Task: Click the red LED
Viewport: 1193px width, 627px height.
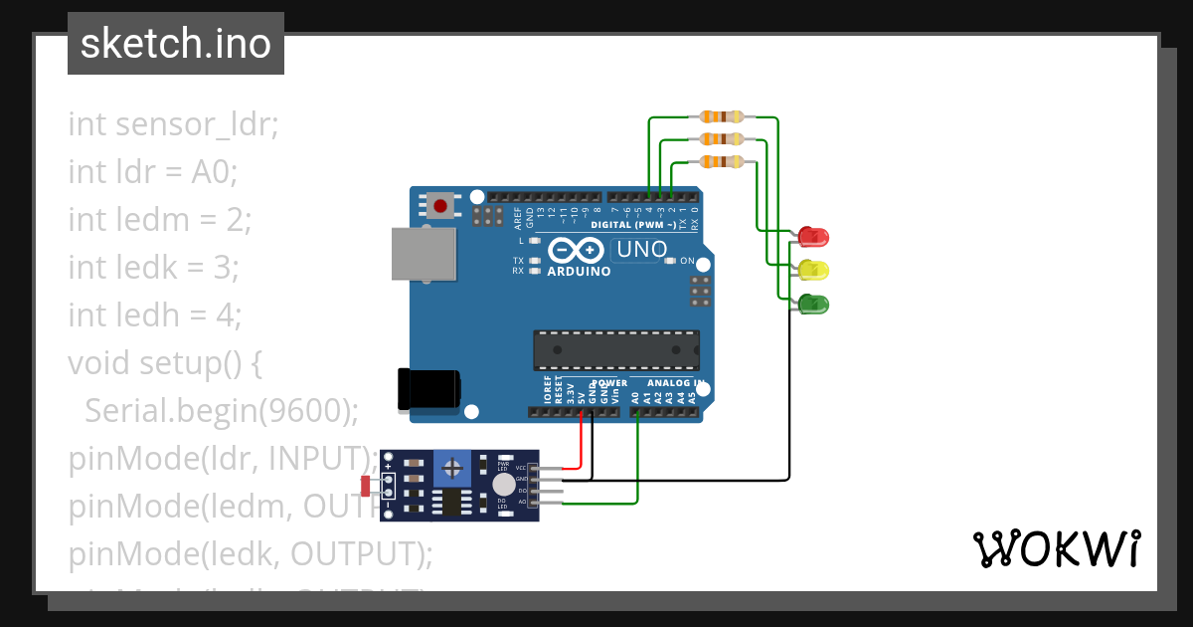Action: point(813,237)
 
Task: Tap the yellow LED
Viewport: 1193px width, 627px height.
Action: point(813,270)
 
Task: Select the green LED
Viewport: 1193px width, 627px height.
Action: point(813,304)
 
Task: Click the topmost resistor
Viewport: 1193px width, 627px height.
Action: point(722,117)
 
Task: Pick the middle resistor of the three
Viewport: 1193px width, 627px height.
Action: point(722,139)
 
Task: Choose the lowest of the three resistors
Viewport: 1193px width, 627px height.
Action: point(722,161)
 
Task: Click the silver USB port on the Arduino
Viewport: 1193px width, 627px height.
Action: point(424,254)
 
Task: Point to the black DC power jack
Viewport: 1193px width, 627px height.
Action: point(428,389)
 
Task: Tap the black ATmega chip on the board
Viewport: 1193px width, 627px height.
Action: point(615,350)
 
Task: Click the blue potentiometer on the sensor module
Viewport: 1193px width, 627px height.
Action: point(452,466)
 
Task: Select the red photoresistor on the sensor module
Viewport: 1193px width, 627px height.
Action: point(365,486)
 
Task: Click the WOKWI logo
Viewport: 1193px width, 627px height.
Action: point(1056,549)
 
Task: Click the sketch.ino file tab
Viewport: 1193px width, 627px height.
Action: point(176,44)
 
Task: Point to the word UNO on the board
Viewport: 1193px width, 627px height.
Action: point(641,250)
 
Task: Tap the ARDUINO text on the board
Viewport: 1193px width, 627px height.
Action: point(579,271)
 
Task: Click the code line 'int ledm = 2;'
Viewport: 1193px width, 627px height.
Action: point(160,220)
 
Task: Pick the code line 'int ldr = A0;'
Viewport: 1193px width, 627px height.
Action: point(153,172)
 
